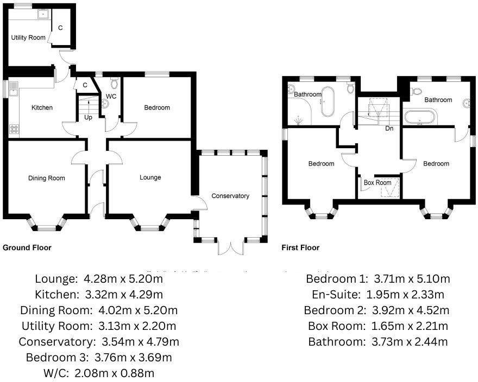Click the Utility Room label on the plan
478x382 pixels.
coord(28,37)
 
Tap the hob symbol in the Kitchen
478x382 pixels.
coord(14,129)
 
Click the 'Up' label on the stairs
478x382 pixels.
coord(88,117)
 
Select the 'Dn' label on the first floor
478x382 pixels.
coord(389,129)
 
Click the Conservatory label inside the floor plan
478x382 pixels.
coord(230,196)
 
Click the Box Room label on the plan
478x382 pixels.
coord(378,183)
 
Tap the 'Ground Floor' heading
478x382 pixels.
coord(27,247)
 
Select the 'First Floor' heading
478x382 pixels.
coord(300,247)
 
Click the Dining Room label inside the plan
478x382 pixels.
coord(46,178)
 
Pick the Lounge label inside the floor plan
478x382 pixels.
coord(150,177)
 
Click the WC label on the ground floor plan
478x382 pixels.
coord(111,97)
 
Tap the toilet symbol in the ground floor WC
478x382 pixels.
coord(114,83)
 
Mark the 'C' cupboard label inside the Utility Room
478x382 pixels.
coord(60,28)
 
